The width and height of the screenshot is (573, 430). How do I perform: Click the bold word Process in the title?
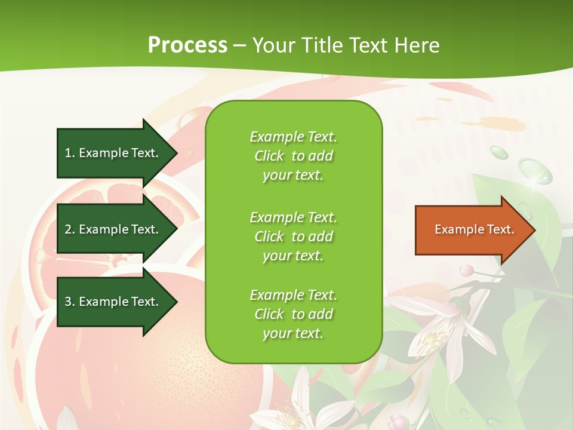coord(187,45)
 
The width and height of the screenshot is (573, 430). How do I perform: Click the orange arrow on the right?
coord(472,230)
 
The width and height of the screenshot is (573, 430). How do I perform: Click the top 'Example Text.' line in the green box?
coord(293,137)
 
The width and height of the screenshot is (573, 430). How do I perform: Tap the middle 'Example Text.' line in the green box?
coord(293,217)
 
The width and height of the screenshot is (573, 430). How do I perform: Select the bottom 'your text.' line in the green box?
coord(293,333)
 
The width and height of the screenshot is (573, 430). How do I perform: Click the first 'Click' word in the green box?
coord(269,156)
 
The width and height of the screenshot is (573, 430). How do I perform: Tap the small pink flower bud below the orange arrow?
coord(466,270)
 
